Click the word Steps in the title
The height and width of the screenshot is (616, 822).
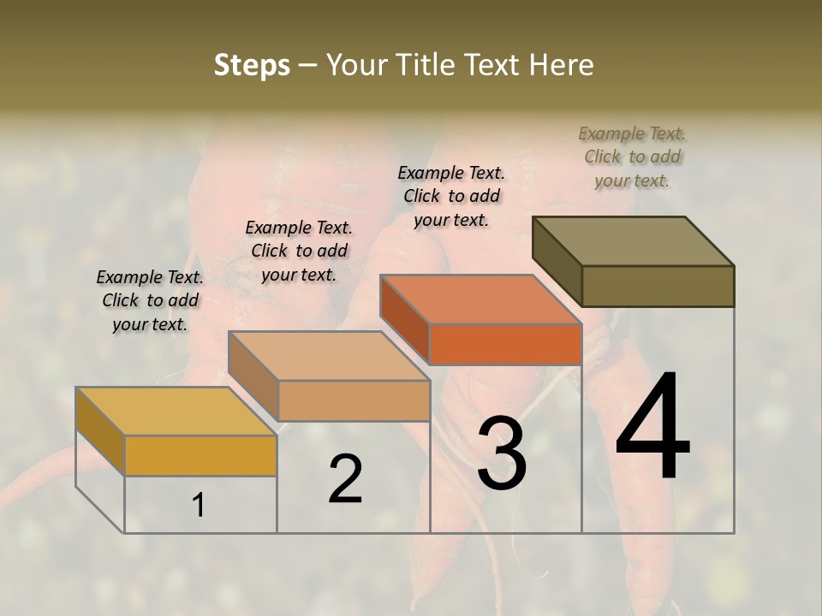click(x=252, y=65)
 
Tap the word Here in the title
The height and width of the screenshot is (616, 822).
click(x=562, y=65)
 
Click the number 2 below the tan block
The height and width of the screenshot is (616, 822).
click(x=345, y=479)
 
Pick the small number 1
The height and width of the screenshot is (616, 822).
click(x=199, y=506)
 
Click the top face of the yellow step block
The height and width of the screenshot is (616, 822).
click(x=176, y=412)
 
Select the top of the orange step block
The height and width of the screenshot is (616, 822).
click(x=480, y=299)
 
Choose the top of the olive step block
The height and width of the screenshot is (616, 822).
click(x=634, y=240)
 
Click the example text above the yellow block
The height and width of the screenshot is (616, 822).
click(x=150, y=300)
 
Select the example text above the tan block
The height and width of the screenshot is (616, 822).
click(x=299, y=251)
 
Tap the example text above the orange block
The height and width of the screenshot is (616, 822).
click(x=451, y=196)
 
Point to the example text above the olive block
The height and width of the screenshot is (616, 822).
click(x=633, y=157)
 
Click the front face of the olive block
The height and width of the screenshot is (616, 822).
click(x=658, y=286)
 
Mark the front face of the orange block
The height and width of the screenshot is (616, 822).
click(x=505, y=344)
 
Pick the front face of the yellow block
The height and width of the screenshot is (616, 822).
click(x=200, y=455)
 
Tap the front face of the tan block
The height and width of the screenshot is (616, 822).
click(x=354, y=400)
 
